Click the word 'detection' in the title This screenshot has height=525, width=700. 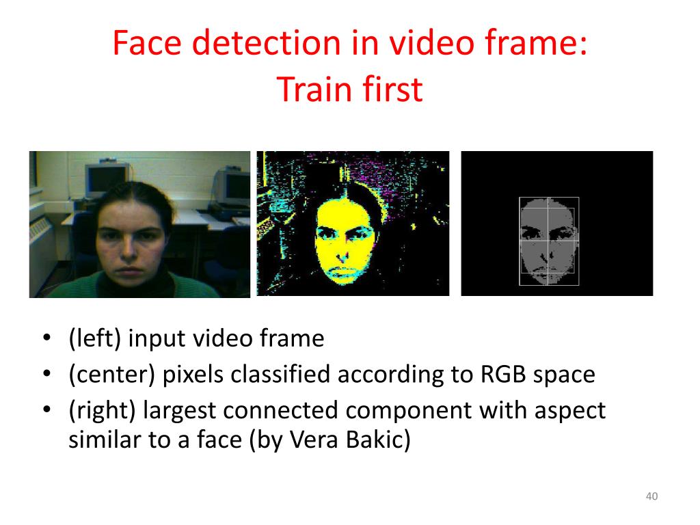267,43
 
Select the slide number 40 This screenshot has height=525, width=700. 651,496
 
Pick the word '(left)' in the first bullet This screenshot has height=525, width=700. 94,338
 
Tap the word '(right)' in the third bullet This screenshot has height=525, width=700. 102,410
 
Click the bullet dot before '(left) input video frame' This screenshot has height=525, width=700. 47,338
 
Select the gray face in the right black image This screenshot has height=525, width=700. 548,241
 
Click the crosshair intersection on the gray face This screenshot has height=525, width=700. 549,241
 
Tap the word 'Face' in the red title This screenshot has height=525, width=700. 147,43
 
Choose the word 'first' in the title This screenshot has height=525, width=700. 392,90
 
